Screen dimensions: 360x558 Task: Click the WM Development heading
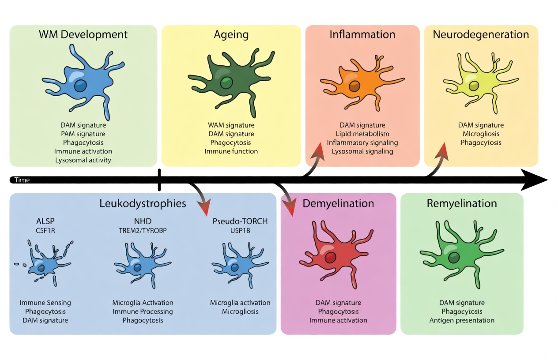[83, 34]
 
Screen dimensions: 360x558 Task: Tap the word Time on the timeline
[22, 180]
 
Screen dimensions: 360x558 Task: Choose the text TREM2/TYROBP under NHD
[143, 230]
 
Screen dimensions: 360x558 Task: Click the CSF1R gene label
[45, 230]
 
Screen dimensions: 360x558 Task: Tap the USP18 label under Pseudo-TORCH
[240, 230]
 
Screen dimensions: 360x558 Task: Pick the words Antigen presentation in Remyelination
[462, 320]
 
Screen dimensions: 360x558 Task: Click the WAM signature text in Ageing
[231, 125]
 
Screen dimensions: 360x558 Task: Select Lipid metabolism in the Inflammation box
[362, 134]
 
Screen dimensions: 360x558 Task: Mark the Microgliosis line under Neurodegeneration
[481, 134]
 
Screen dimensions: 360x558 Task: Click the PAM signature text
[83, 134]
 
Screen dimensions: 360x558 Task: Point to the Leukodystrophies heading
[143, 203]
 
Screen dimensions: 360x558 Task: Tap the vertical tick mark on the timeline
[159, 180]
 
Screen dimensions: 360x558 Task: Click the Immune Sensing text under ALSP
[45, 303]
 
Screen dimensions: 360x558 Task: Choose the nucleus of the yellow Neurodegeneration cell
[474, 86]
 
